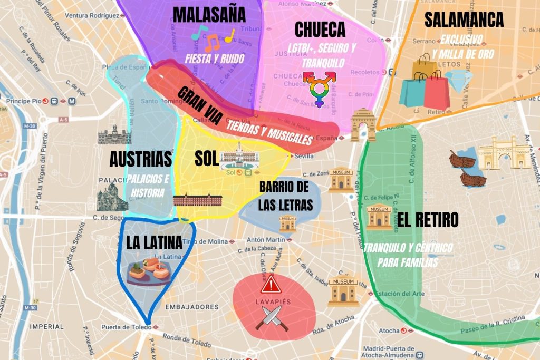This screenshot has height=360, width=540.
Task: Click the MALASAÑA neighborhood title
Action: click(x=209, y=15)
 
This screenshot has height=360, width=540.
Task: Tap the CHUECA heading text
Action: click(x=320, y=30)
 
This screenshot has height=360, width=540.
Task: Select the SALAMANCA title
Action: click(x=464, y=20)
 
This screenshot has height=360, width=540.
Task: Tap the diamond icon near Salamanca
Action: click(x=462, y=81)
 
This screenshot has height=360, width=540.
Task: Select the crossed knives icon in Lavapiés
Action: click(x=272, y=317)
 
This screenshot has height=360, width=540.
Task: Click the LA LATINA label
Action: click(x=154, y=243)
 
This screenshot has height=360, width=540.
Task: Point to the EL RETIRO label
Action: click(x=428, y=220)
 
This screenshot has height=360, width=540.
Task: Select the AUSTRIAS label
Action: click(x=140, y=159)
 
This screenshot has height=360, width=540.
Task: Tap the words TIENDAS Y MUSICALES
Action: click(x=269, y=132)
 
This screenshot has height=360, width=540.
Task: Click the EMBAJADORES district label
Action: click(x=192, y=307)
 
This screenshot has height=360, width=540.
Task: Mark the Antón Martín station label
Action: click(x=266, y=240)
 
